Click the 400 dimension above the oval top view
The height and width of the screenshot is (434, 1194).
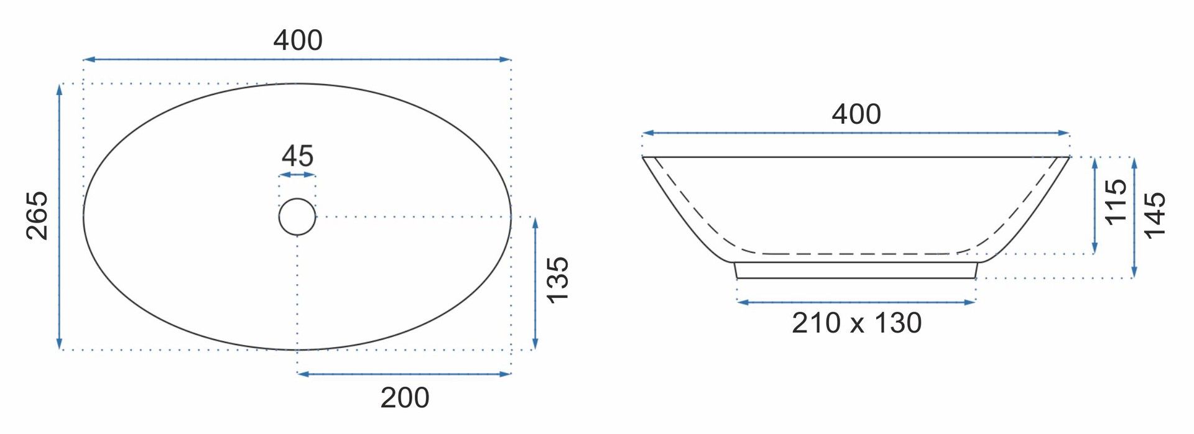298,41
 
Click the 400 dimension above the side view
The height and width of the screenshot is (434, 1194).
856,114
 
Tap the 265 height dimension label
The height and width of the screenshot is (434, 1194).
37,216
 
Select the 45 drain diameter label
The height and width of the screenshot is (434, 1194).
297,156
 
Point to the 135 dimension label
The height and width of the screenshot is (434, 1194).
558,280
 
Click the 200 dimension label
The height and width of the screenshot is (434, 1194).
405,398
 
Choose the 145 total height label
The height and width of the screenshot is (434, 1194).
1155,215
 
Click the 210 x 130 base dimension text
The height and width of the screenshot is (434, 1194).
856,323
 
